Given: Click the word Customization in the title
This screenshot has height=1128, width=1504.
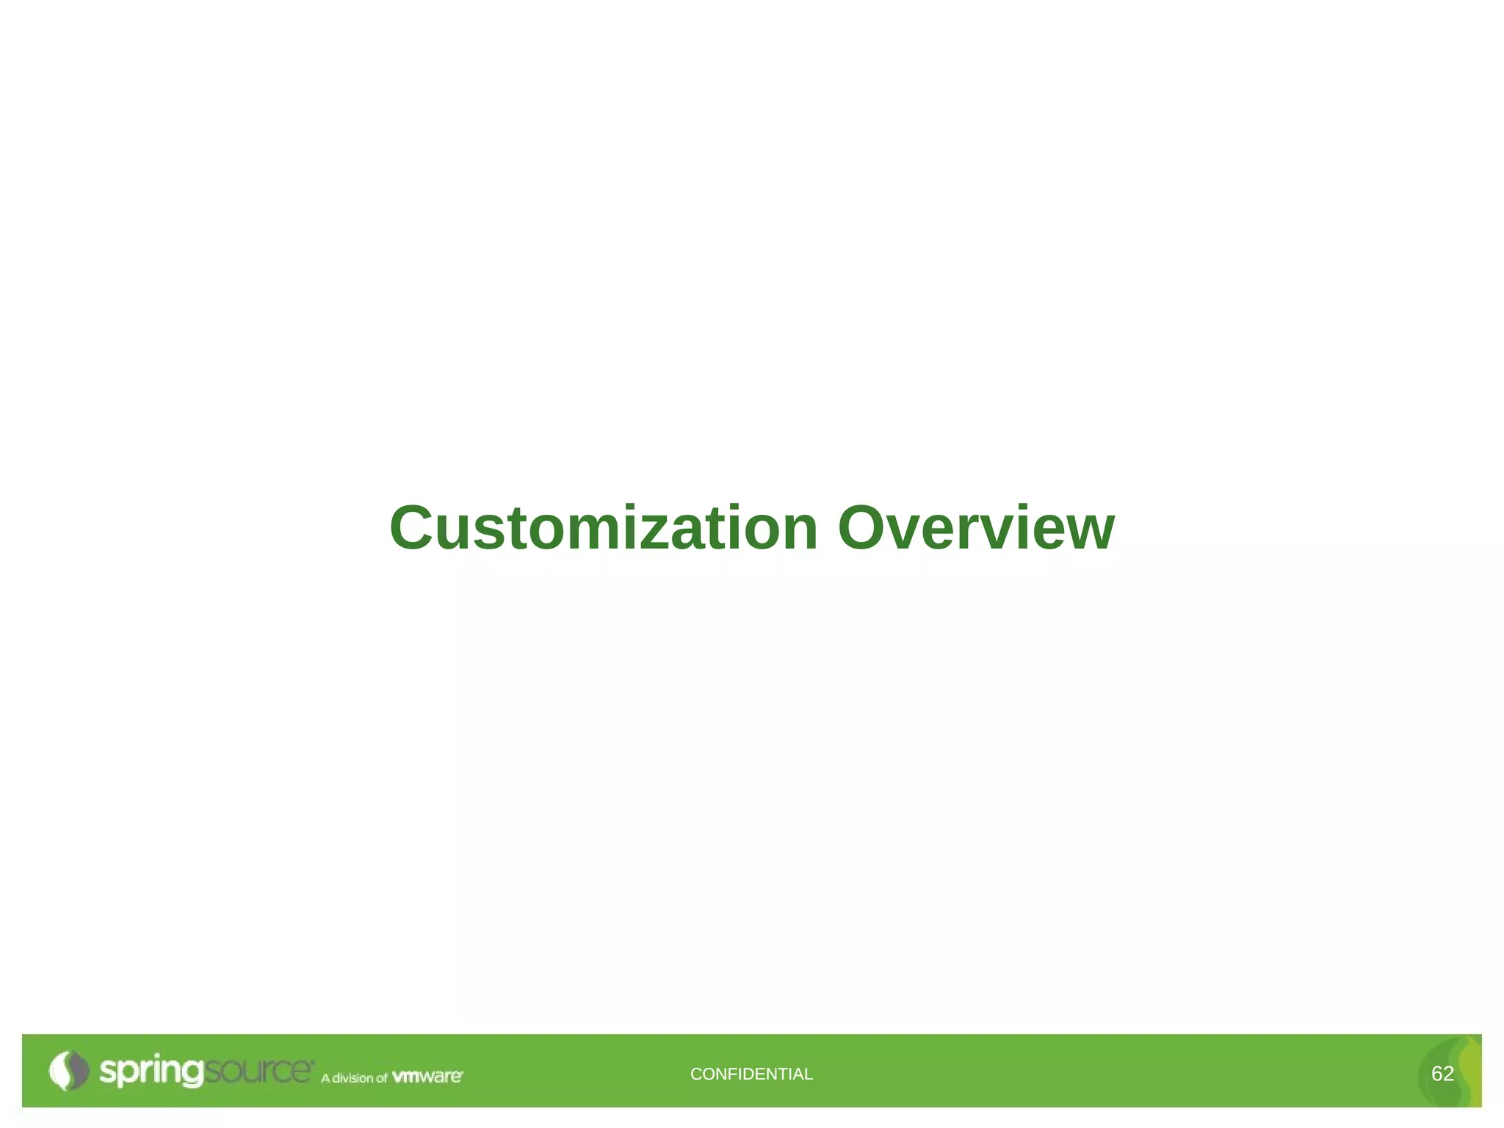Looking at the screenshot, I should point(603,528).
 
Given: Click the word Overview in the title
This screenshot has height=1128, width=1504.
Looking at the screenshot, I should point(976,528).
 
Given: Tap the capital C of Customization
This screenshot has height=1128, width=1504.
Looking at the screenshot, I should point(415,528).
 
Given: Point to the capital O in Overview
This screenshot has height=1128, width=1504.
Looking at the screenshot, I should point(865,528).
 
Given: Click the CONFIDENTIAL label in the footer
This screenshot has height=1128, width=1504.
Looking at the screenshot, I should point(751,1074).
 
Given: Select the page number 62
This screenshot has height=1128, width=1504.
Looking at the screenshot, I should point(1442,1074).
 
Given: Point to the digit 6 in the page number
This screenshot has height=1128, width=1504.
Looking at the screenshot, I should point(1436,1074).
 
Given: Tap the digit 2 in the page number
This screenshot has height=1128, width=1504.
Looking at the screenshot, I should point(1449,1074).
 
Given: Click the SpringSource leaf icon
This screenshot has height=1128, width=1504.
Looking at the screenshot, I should point(68,1071).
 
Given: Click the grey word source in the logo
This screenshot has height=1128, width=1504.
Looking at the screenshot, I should point(258,1071).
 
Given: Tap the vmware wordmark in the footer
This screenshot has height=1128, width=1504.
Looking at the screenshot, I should point(427,1077).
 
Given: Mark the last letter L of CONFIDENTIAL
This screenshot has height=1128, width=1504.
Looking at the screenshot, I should point(809,1074).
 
